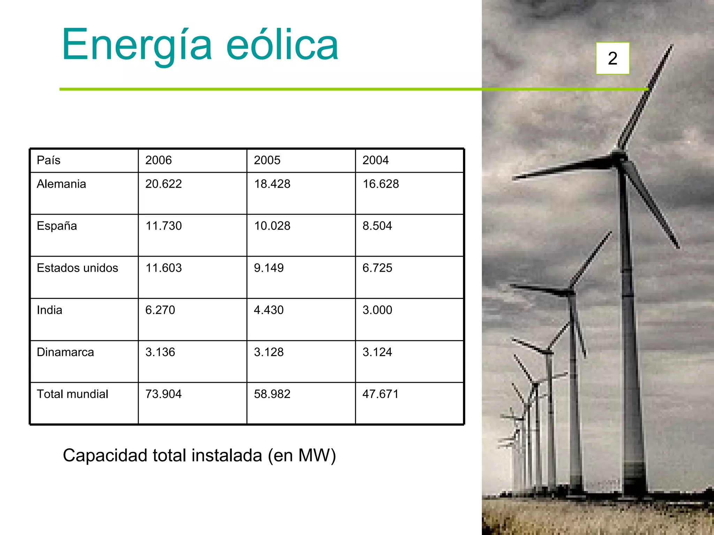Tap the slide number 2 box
coord(613,58)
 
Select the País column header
coord(48,160)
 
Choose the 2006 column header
coord(158,160)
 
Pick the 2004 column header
coord(375,160)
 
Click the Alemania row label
coord(61,184)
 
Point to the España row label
coord(57,226)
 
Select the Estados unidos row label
coord(77,268)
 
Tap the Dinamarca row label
coord(65,352)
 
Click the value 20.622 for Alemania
coord(164,184)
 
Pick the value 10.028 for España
coord(272,226)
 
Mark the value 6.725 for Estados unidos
coord(377,268)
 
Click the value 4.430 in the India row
coord(268,310)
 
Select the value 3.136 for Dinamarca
coord(160,352)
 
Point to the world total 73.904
coord(164,394)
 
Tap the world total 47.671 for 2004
coord(380,394)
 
